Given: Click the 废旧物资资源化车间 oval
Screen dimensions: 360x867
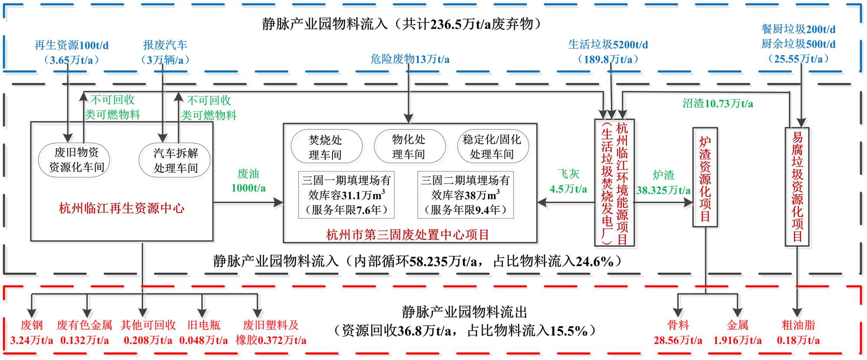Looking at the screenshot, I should pyautogui.click(x=75, y=160).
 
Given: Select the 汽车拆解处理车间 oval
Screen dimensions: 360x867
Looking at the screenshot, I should pyautogui.click(x=175, y=160).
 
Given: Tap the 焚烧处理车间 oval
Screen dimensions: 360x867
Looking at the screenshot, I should pyautogui.click(x=326, y=147).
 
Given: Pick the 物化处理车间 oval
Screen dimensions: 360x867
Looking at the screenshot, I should pyautogui.click(x=410, y=147).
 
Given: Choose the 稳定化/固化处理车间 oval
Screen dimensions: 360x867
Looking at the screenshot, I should pyautogui.click(x=493, y=147).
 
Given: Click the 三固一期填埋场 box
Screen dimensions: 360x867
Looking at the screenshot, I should pyautogui.click(x=346, y=195).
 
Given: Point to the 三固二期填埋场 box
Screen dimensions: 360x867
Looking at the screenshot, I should pyautogui.click(x=466, y=195).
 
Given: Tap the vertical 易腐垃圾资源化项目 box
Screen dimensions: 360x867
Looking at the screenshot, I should pyautogui.click(x=797, y=187).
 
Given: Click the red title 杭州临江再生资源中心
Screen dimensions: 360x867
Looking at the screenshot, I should pyautogui.click(x=121, y=209).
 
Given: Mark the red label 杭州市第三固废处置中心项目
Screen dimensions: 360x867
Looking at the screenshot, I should pyautogui.click(x=407, y=235).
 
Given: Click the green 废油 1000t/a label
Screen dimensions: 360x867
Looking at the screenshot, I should pyautogui.click(x=248, y=181).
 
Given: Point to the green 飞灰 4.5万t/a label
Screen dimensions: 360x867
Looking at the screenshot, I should pyautogui.click(x=568, y=181).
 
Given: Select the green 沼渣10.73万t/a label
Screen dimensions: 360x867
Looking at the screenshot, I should pyautogui.click(x=717, y=104).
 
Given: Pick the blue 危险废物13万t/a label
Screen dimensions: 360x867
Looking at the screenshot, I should pyautogui.click(x=410, y=59).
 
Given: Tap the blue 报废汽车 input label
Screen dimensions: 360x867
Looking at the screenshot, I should pyautogui.click(x=165, y=52).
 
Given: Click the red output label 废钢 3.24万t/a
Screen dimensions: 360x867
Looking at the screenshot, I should pyautogui.click(x=32, y=333).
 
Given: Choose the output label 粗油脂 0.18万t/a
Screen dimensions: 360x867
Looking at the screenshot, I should pyautogui.click(x=798, y=333).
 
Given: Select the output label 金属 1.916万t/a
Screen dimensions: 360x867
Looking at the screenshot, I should pyautogui.click(x=737, y=333).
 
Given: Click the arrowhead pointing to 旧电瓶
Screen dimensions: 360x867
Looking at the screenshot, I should pyautogui.click(x=202, y=313).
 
